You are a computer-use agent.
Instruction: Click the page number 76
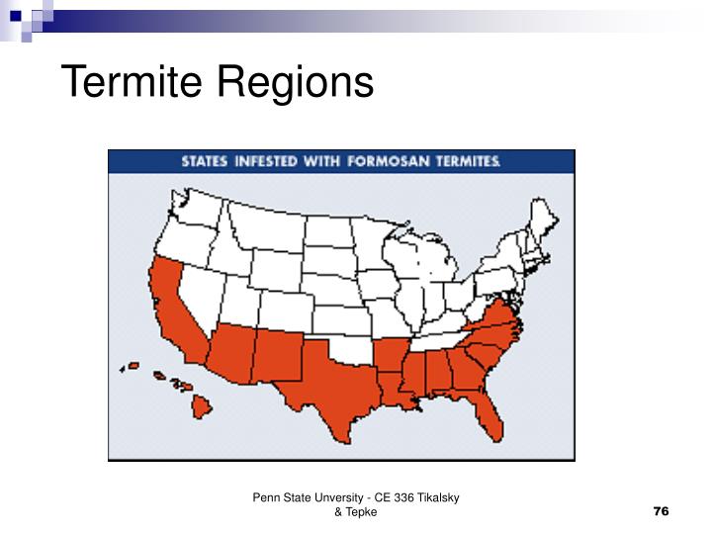tap(662, 511)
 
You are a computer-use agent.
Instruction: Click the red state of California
tap(170, 302)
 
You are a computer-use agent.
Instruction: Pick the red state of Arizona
tap(229, 351)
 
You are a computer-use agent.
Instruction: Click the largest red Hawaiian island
tap(202, 404)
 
